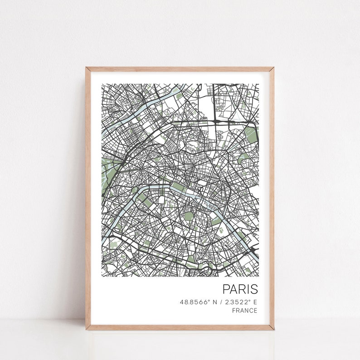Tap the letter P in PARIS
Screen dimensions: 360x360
pyautogui.click(x=226, y=289)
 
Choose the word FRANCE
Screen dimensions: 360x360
pyautogui.click(x=244, y=311)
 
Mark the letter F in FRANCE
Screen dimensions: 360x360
pyautogui.click(x=234, y=311)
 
